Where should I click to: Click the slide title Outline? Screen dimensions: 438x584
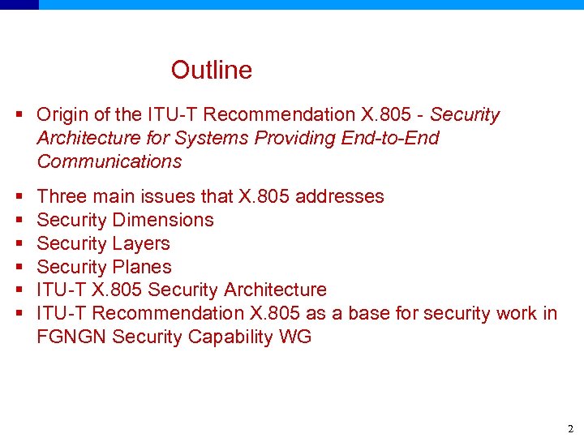click(x=211, y=71)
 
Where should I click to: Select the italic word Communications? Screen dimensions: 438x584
click(x=109, y=161)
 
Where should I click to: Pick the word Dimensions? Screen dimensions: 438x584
click(x=163, y=220)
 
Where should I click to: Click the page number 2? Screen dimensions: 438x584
click(x=569, y=427)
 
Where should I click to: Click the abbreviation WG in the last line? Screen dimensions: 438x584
click(x=297, y=337)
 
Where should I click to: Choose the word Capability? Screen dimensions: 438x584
click(x=226, y=337)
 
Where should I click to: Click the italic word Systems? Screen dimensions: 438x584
click(x=218, y=138)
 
